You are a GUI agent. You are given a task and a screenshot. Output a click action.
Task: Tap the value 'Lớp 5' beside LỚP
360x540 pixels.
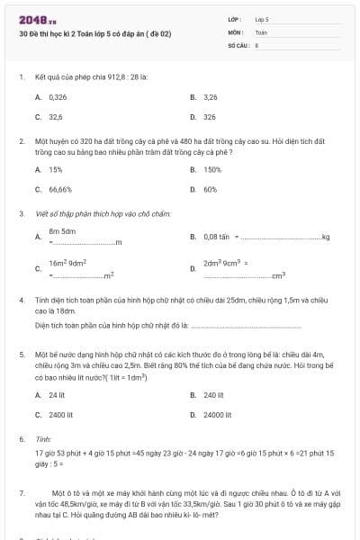(262, 19)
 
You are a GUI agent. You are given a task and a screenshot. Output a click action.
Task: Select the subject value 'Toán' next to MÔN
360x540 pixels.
(261, 31)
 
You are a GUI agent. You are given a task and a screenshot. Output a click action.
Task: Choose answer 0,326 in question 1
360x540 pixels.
(57, 95)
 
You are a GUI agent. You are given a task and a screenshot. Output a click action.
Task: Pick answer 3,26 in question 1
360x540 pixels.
(211, 95)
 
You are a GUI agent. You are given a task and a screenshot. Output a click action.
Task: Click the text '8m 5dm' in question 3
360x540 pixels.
(62, 232)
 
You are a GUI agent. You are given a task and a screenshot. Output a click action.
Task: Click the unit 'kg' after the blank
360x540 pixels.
(326, 237)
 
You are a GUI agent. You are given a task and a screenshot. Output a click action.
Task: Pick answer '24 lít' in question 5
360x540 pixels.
(57, 394)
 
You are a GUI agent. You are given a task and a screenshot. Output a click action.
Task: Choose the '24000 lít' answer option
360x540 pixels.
(217, 415)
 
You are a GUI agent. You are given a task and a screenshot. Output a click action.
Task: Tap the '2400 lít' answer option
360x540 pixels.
(59, 415)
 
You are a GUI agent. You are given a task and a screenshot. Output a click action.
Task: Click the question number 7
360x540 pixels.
(21, 493)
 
